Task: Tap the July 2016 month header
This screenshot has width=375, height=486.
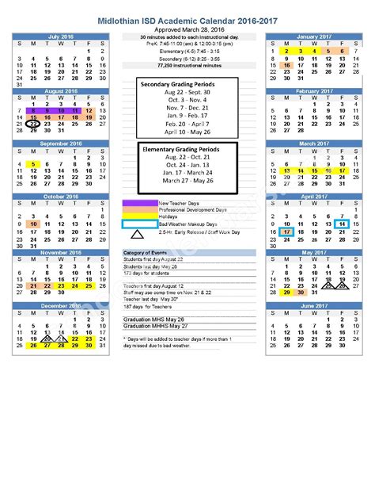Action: [60, 36]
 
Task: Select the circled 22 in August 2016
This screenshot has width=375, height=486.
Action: [33, 124]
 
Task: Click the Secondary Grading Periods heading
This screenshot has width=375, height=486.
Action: [178, 83]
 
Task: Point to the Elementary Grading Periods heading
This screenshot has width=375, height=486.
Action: [181, 148]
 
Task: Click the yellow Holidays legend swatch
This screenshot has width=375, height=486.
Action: [139, 216]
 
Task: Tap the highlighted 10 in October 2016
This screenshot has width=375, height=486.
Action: [33, 224]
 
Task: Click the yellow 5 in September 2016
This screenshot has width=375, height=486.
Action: [33, 165]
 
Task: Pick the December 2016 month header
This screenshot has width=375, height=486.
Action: [60, 304]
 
